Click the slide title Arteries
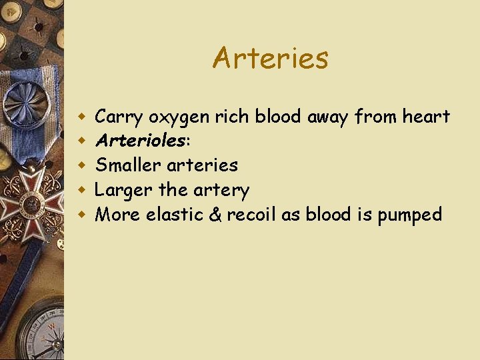(x=270, y=58)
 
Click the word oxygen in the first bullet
(x=179, y=118)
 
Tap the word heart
(x=426, y=117)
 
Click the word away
(x=328, y=118)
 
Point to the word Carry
(x=119, y=118)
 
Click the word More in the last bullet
(x=117, y=215)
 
